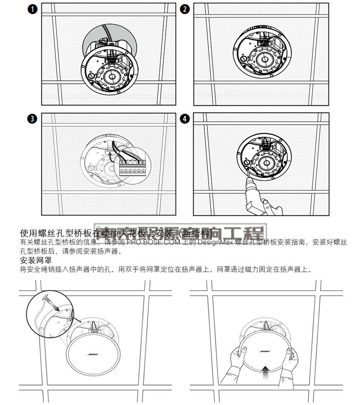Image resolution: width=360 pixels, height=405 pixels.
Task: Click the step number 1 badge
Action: point(31,9)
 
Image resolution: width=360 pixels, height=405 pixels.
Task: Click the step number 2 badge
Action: point(184,9)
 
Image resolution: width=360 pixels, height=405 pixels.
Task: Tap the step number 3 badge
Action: point(31,119)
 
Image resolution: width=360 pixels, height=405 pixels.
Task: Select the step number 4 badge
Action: point(184,119)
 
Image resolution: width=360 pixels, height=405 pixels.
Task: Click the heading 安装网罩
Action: point(36,260)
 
